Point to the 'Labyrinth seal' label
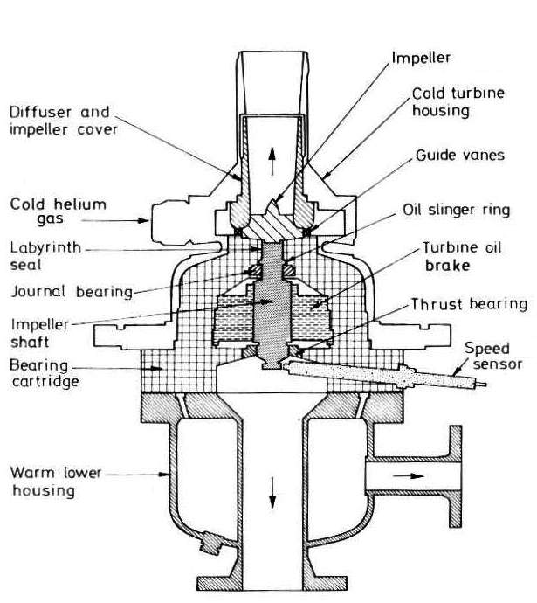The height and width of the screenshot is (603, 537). [45, 256]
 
